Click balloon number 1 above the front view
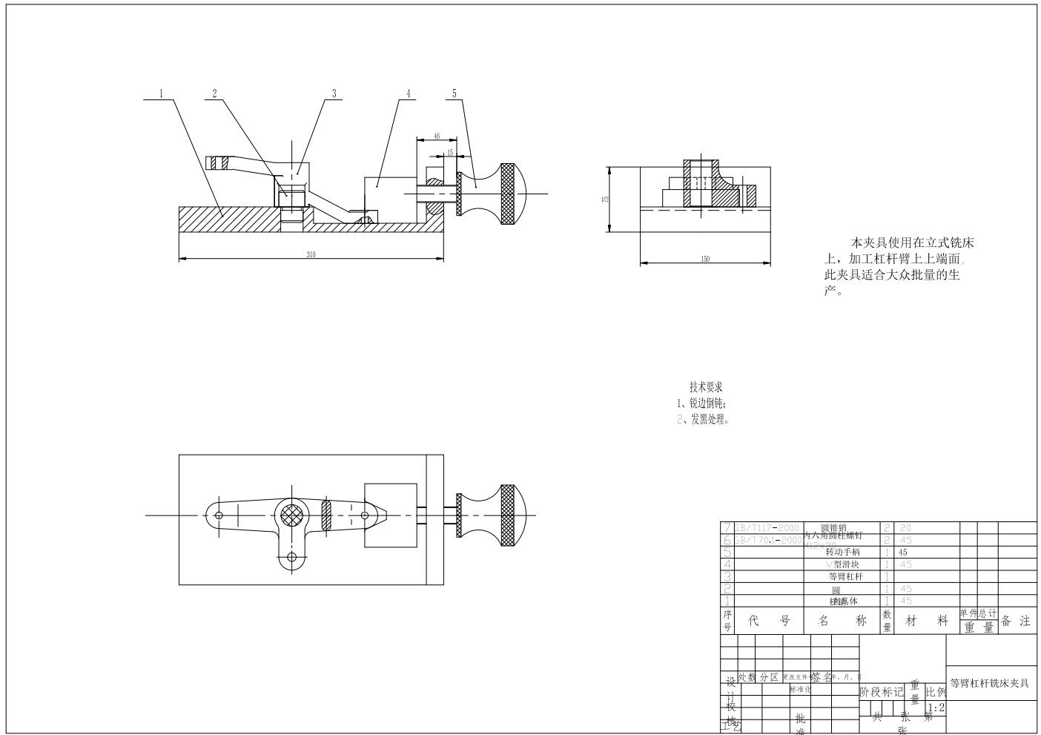point(161,93)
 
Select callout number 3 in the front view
point(334,93)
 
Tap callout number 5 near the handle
point(455,93)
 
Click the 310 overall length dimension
point(311,255)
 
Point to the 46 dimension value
point(436,136)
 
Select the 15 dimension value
point(449,153)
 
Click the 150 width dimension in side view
point(704,259)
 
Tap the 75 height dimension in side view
point(605,199)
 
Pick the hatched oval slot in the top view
point(325,515)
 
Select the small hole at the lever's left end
point(218,515)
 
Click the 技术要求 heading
point(706,387)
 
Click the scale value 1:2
point(936,708)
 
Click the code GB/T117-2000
point(767,527)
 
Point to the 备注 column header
point(1016,621)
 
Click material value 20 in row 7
point(905,528)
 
